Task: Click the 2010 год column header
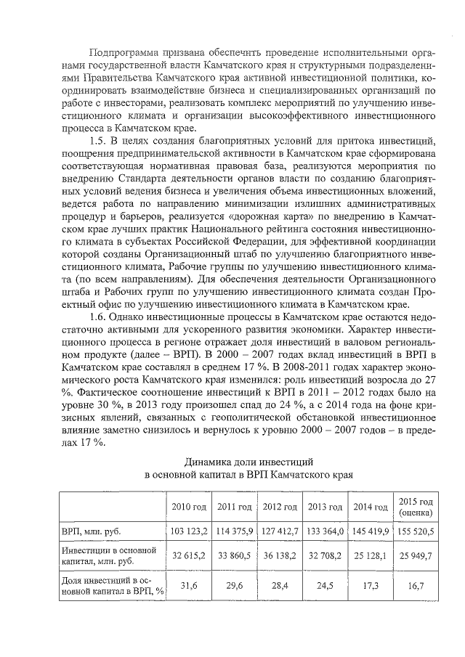tap(188, 507)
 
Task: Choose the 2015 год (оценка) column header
tap(416, 506)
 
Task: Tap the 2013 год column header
tap(325, 507)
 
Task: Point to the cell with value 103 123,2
tap(189, 531)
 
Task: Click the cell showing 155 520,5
tap(416, 531)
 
